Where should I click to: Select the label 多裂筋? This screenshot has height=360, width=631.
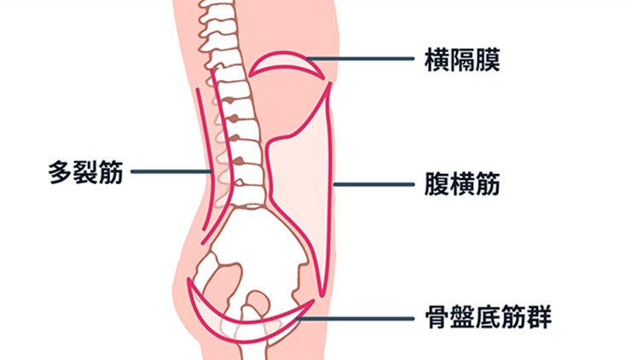pos(85,173)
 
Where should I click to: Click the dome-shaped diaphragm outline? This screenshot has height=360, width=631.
pos(290,64)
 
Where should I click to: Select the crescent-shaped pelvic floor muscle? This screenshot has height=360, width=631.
pos(247,322)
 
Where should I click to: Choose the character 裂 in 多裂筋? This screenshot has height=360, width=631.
pos(85,173)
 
